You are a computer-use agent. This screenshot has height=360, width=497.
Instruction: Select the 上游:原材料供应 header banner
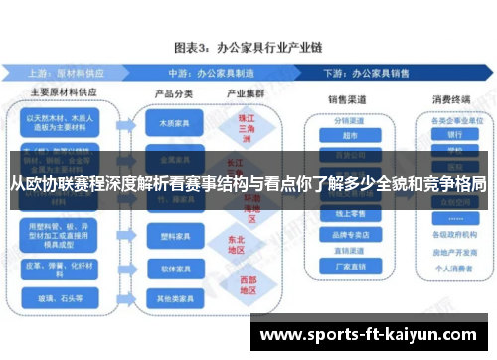tap(70, 73)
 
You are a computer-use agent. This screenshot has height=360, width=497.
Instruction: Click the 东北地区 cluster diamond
tap(235, 245)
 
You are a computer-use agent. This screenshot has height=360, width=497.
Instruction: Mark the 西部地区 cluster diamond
tap(235, 285)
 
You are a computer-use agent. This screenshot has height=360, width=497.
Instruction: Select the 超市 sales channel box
tap(348, 136)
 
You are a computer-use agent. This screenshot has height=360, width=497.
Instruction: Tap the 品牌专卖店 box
tap(348, 236)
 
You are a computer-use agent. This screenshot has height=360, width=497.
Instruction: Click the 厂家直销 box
tap(348, 267)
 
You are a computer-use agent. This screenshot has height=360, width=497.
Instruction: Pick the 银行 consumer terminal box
tap(454, 135)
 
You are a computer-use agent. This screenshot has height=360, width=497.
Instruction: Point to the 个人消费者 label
tap(454, 270)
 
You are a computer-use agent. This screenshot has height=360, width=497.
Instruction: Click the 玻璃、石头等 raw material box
tap(62, 296)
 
